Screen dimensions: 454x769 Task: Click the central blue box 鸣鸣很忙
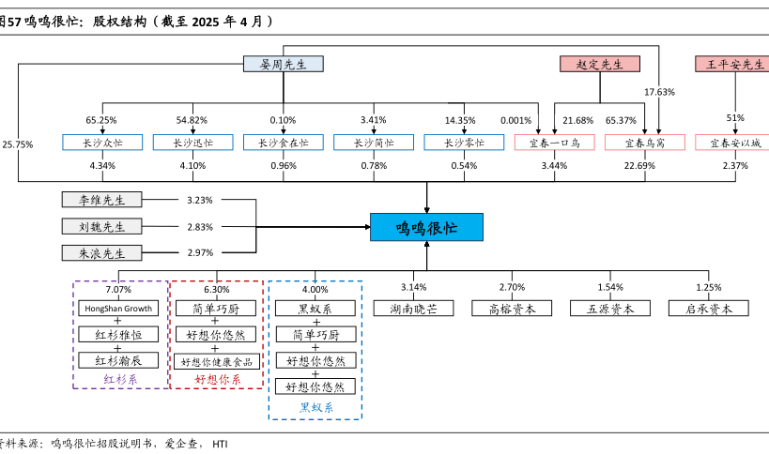click(x=426, y=227)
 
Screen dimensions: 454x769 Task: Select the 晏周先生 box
click(x=283, y=64)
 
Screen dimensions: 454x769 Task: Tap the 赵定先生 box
click(x=599, y=64)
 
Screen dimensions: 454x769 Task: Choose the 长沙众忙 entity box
click(x=102, y=143)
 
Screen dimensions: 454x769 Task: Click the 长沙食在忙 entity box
click(x=283, y=143)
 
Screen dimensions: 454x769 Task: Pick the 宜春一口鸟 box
click(x=555, y=143)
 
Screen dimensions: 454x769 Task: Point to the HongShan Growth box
click(x=119, y=308)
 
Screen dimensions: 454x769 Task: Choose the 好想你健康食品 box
click(x=216, y=361)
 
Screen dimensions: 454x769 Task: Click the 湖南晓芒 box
click(x=413, y=308)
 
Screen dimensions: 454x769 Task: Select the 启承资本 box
click(x=709, y=308)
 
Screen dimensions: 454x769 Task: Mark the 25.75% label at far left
click(x=17, y=144)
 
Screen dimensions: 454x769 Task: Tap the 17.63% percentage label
click(x=659, y=92)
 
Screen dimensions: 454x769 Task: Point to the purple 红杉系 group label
click(x=119, y=380)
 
